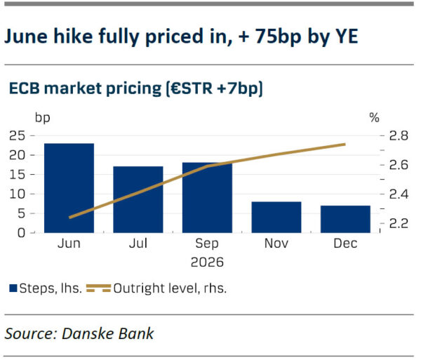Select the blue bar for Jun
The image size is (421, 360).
pos(69,188)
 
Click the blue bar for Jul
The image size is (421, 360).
pos(138,199)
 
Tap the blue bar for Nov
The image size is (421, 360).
pos(276,217)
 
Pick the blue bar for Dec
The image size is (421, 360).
pos(345,219)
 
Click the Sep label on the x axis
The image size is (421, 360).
pos(207,244)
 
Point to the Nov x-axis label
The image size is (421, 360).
pos(276,244)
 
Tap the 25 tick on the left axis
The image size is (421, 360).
pos(17,136)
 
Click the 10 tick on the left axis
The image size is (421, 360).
pos(17,194)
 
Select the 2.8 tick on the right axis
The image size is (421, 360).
pos(399,136)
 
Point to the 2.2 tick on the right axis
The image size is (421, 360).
pos(399,223)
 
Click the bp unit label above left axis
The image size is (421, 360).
pos(42,118)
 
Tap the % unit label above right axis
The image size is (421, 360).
pos(374,118)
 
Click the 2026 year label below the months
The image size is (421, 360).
pos(207,262)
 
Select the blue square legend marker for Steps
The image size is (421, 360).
pos(13,288)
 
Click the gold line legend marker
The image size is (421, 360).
pos(98,288)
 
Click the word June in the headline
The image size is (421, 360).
pos(26,36)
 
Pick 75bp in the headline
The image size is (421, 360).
pos(278,36)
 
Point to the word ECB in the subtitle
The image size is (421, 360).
pos(25,88)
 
